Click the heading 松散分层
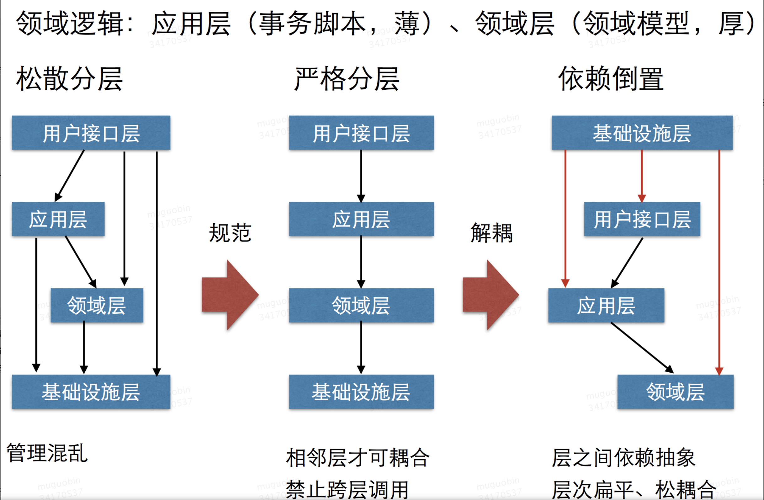(x=69, y=79)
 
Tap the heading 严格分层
(x=347, y=79)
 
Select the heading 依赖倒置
(x=611, y=79)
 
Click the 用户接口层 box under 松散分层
(x=91, y=133)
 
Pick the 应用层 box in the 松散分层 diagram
(x=58, y=219)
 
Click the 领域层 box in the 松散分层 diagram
(x=97, y=306)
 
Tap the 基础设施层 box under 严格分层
(x=361, y=392)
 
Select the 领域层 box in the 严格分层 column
(x=361, y=306)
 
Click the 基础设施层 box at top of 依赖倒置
(x=642, y=133)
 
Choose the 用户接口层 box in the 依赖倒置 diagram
(x=642, y=219)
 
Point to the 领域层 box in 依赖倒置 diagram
(x=676, y=392)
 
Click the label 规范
(x=230, y=233)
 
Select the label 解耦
(x=491, y=233)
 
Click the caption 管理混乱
(x=47, y=453)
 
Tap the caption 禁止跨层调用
(x=347, y=490)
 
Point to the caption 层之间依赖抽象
(x=623, y=458)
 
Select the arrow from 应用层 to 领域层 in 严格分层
(x=361, y=262)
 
